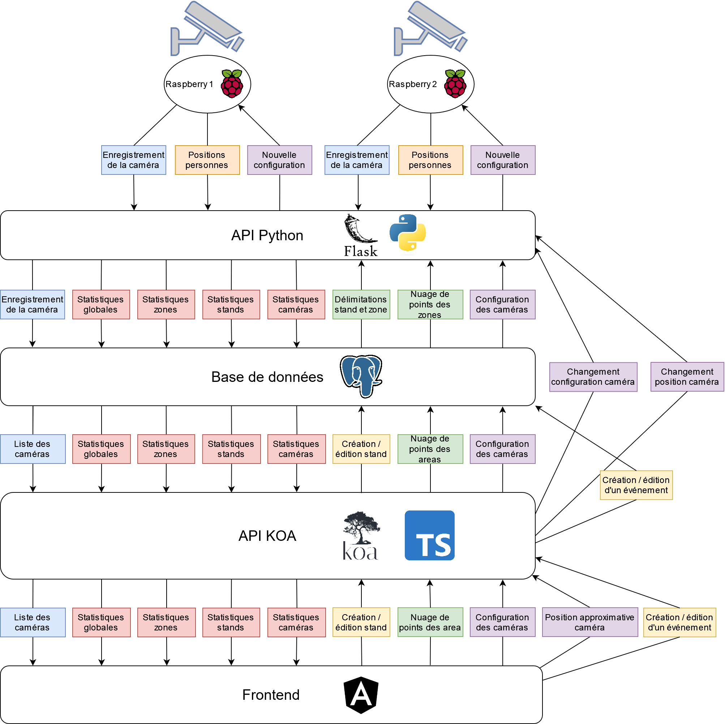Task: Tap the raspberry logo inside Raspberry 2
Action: click(x=455, y=84)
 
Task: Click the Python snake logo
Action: click(x=408, y=233)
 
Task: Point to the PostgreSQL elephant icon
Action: click(x=361, y=376)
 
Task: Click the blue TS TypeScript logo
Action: click(x=429, y=535)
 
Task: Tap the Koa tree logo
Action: click(x=361, y=535)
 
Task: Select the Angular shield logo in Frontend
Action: click(x=361, y=695)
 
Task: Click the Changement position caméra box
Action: click(x=687, y=376)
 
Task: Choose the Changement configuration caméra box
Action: click(x=593, y=376)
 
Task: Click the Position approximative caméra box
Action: click(x=589, y=622)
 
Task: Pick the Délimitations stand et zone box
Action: click(x=361, y=305)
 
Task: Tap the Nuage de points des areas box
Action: click(x=430, y=449)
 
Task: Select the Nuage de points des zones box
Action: click(x=430, y=305)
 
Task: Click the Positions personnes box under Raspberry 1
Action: click(x=207, y=160)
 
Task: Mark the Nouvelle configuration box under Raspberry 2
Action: click(x=503, y=160)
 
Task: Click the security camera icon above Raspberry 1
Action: click(x=207, y=28)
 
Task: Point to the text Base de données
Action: click(x=267, y=376)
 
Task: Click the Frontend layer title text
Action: click(x=271, y=695)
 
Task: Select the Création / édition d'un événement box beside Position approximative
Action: click(x=679, y=622)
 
